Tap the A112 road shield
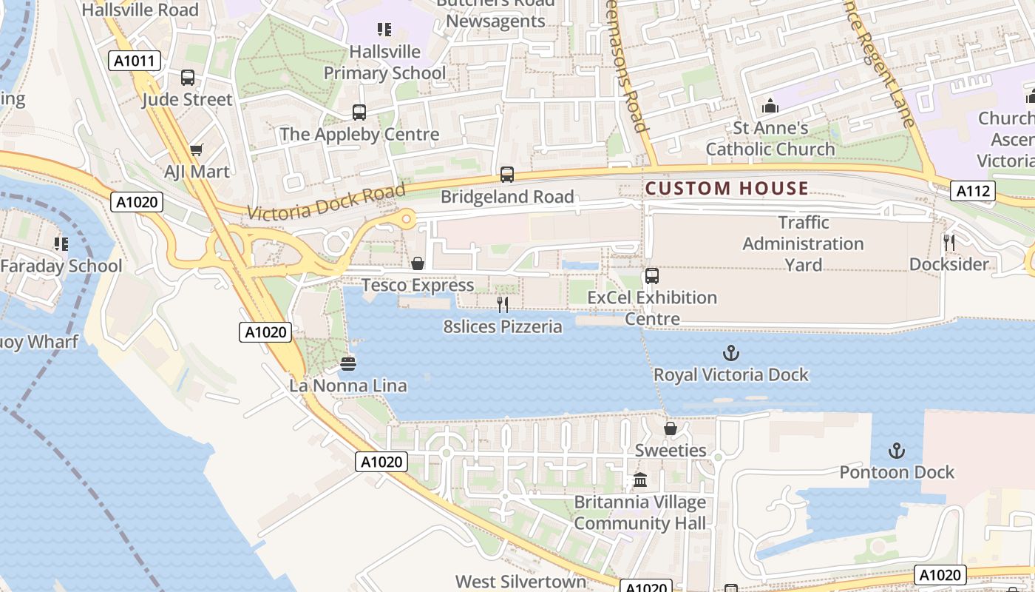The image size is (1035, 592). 972,192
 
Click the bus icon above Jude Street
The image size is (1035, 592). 188,77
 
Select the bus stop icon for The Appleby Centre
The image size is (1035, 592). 359,112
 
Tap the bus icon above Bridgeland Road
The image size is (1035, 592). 507,175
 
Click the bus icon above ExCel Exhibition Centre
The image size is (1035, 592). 651,276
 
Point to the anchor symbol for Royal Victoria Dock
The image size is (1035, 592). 730,353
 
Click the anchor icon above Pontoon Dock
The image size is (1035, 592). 896,451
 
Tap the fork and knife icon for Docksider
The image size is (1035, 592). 949,243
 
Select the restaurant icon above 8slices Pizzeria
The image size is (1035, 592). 503,304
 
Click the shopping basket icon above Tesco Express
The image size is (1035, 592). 418,263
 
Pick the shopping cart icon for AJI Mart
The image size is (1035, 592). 197,150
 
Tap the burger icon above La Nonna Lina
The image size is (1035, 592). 348,363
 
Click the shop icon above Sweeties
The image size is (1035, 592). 671,428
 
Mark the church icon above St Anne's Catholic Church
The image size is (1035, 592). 770,107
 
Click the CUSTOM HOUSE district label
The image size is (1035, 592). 727,189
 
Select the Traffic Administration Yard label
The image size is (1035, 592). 803,243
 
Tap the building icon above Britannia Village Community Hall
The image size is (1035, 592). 640,481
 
